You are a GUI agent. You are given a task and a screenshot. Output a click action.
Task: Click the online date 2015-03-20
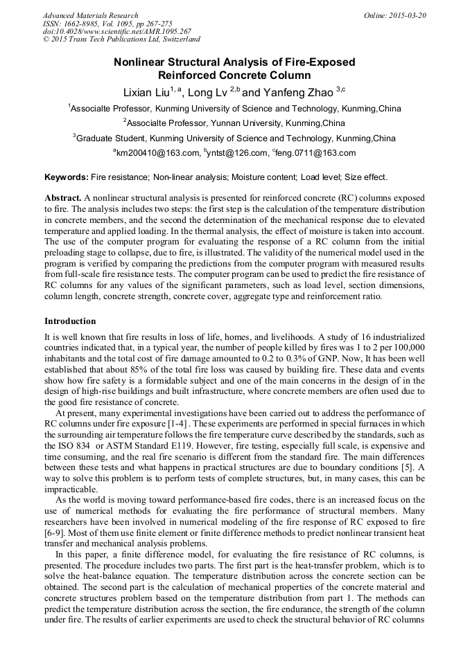coord(408,15)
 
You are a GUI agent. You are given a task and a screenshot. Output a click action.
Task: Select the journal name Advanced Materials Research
coord(90,15)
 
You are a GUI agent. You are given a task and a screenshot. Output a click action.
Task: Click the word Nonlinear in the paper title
coord(141,62)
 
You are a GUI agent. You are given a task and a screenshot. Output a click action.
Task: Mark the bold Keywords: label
coord(67,178)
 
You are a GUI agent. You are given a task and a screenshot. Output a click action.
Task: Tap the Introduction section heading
coord(70,321)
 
